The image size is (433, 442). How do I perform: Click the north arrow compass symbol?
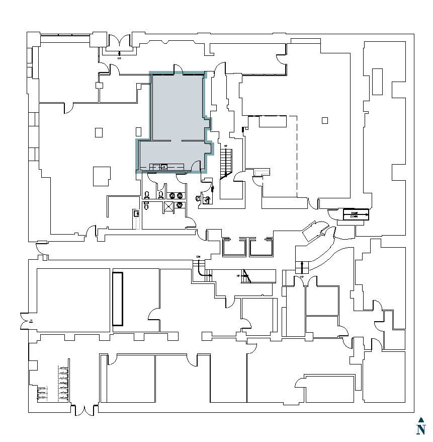coord(421,426)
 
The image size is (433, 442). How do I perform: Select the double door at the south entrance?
coord(84,410)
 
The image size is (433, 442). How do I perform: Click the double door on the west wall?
coord(24,320)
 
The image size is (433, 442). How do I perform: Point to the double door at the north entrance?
coord(119,42)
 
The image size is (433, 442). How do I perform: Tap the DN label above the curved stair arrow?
coord(198,257)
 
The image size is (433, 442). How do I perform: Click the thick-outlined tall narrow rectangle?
coord(118,299)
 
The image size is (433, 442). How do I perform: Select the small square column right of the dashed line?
coord(324,120)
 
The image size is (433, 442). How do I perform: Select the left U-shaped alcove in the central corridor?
coord(233,247)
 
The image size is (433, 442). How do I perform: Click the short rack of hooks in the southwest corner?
coord(41,393)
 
